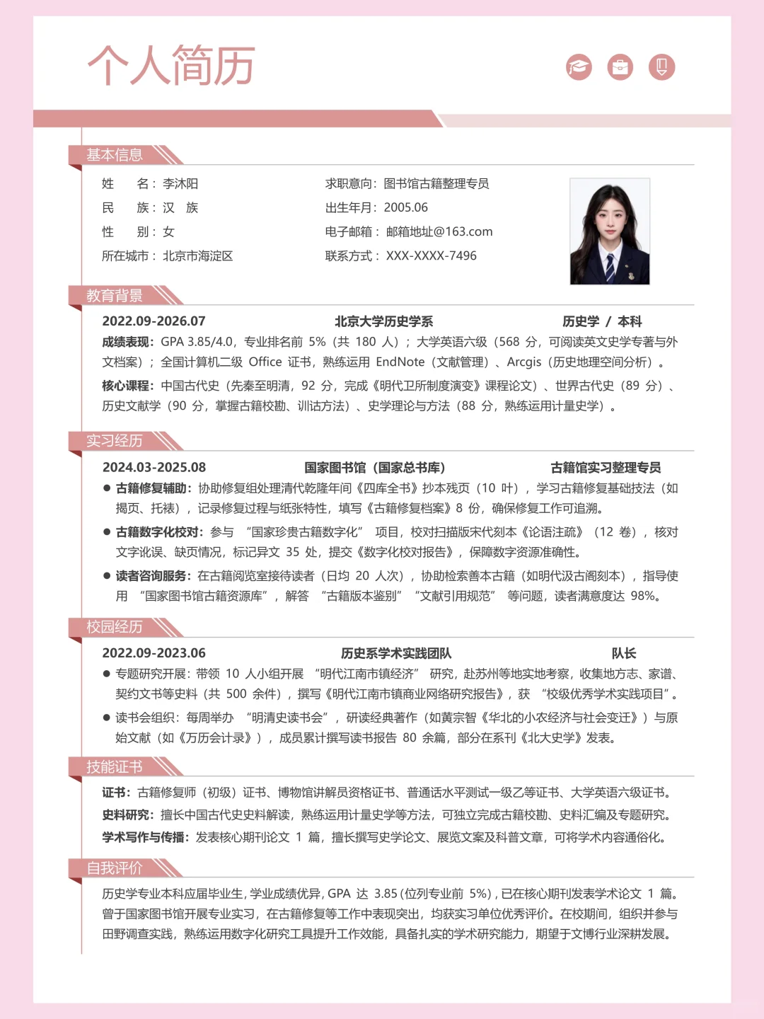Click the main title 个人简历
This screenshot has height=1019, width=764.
click(x=171, y=66)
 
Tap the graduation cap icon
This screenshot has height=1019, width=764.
click(x=579, y=67)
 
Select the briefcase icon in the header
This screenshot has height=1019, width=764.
click(x=620, y=67)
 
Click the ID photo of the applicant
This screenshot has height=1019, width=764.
click(x=610, y=231)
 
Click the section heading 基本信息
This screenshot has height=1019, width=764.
click(x=115, y=155)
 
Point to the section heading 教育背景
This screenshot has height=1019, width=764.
click(x=115, y=296)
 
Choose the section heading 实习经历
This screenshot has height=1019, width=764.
click(x=115, y=441)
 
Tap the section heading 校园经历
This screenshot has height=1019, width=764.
click(x=115, y=627)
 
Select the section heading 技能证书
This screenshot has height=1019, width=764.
click(x=115, y=767)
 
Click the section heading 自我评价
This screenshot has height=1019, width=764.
click(x=115, y=868)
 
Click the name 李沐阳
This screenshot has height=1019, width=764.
click(x=180, y=184)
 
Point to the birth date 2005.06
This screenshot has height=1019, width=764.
click(x=406, y=208)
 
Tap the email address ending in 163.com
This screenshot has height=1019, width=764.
click(x=439, y=232)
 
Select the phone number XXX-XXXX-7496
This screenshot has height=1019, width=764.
click(x=432, y=256)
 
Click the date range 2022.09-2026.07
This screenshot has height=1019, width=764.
click(x=154, y=321)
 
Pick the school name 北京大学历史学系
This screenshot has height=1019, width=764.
click(x=383, y=321)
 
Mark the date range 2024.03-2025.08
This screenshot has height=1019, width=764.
click(x=154, y=468)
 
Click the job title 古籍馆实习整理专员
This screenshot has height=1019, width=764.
click(x=606, y=468)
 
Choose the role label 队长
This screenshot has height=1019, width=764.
click(x=624, y=654)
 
